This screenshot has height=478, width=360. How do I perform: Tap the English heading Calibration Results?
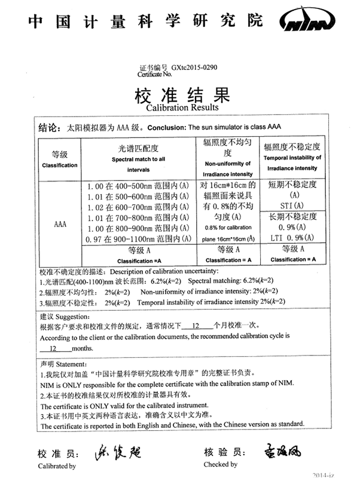click(182, 108)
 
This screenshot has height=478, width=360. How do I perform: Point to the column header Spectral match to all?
click(138, 160)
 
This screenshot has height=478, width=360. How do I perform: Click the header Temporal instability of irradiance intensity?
click(292, 163)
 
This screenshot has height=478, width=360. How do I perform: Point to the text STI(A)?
click(293, 206)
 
